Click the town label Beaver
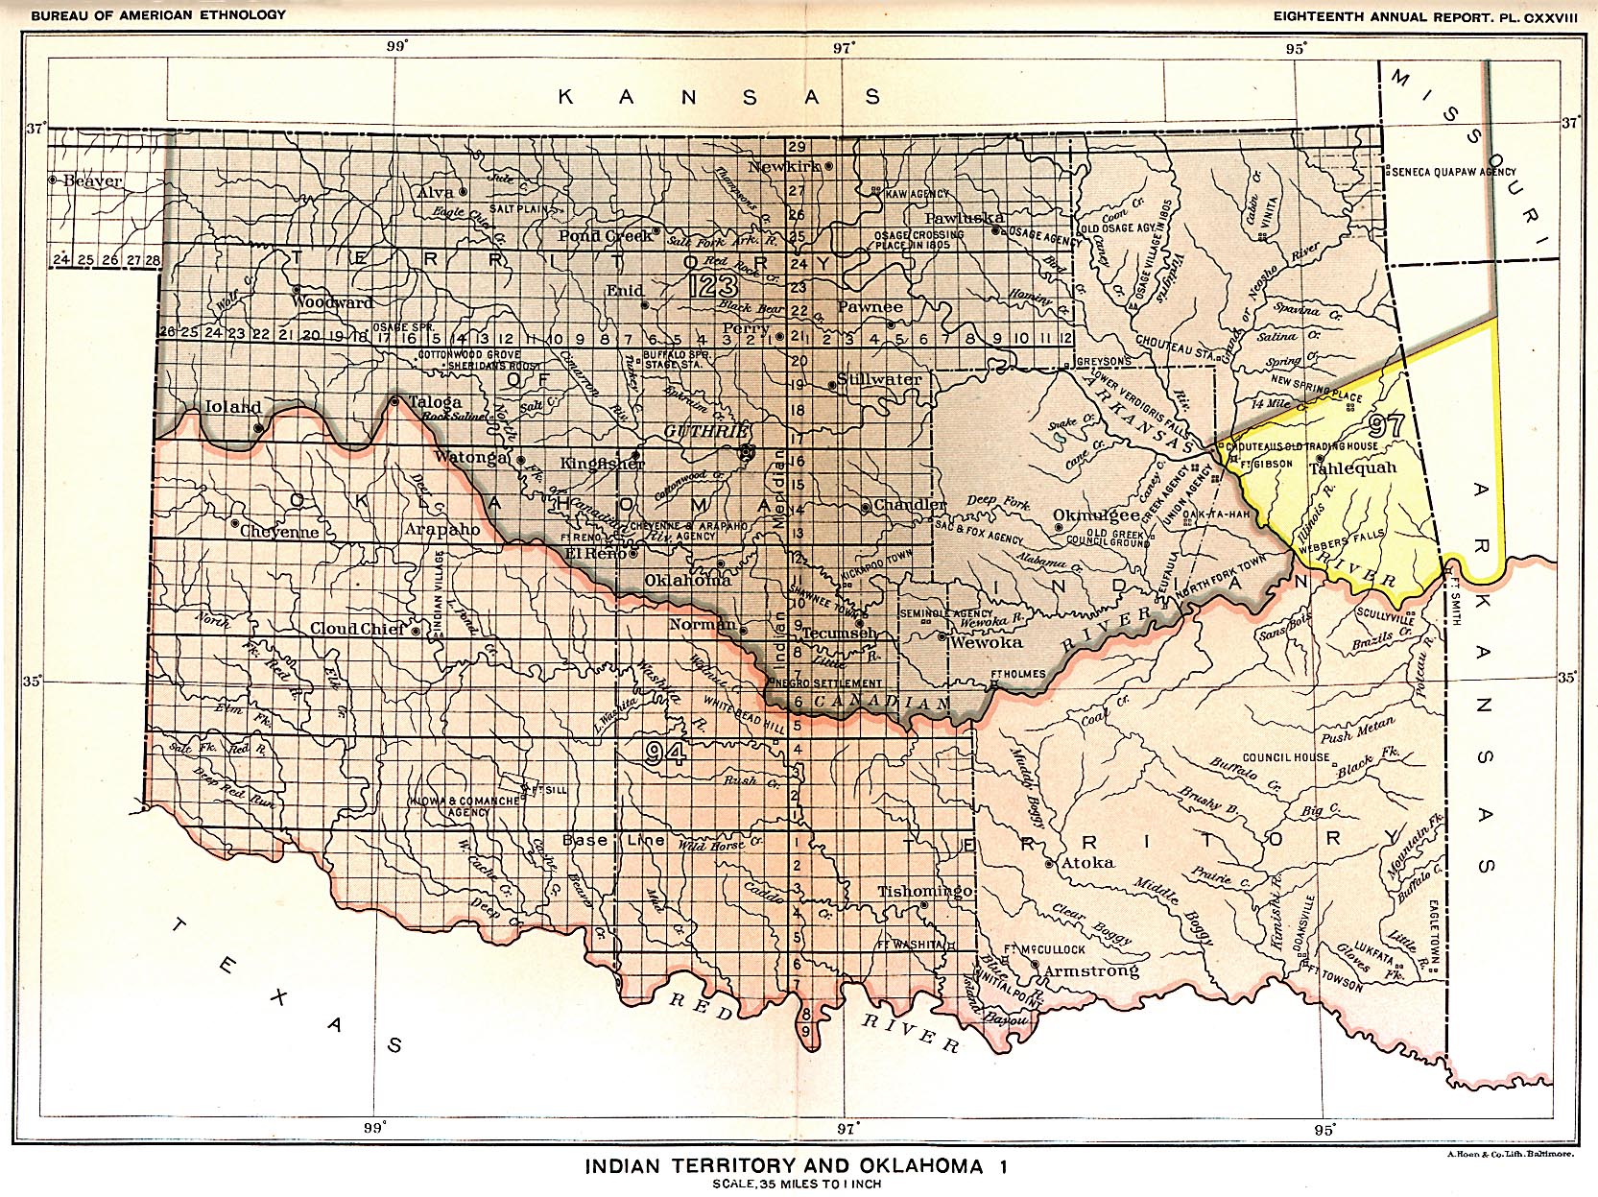94,180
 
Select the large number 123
713,286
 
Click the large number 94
664,754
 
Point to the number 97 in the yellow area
1388,425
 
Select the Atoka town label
1089,862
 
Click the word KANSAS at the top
720,97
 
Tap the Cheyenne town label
279,531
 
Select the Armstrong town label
1091,970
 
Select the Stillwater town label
879,379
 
